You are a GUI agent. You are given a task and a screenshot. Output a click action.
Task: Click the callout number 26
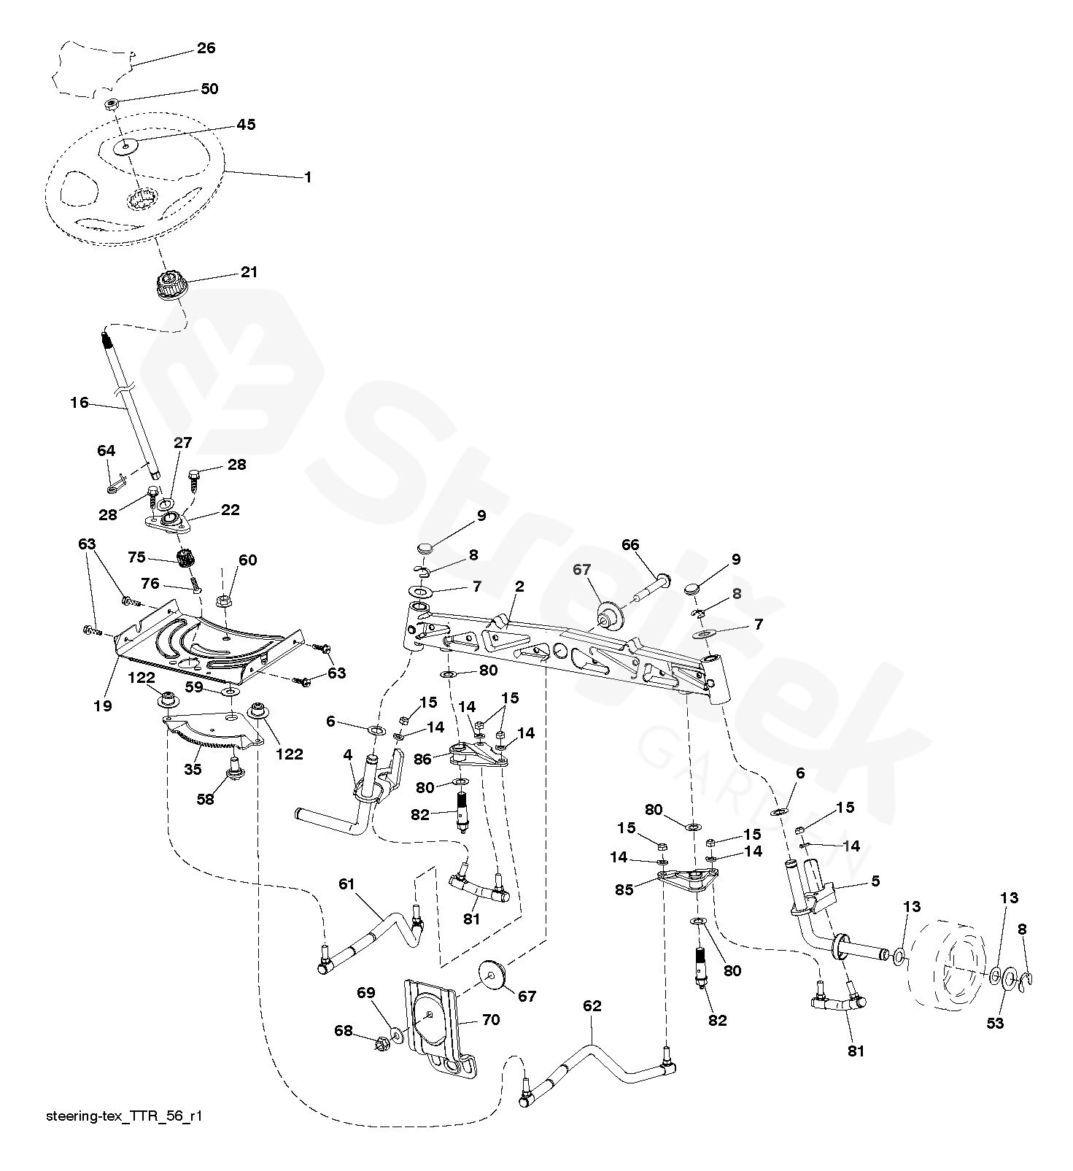206,48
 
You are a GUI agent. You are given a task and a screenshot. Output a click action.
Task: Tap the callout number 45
247,125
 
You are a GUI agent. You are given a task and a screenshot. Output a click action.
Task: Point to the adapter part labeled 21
171,282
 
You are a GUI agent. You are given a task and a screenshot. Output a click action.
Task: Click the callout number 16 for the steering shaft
79,402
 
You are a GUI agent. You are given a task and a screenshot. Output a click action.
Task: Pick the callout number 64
106,452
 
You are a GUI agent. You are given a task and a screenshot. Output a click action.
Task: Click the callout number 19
103,706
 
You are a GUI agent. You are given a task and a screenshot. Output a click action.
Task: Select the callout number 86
422,759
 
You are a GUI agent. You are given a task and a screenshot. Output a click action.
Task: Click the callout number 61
346,884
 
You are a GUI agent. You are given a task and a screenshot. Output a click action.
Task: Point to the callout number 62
592,1006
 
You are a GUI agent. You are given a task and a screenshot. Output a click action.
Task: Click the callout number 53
996,1023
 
